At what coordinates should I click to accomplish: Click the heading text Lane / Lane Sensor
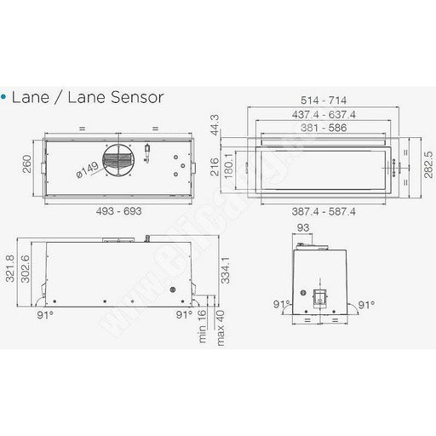(x=88, y=97)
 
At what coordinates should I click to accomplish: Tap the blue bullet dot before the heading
(x=3, y=97)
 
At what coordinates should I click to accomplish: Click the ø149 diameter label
(x=88, y=169)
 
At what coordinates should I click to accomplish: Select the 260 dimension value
(x=26, y=163)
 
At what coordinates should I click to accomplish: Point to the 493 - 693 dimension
(x=118, y=211)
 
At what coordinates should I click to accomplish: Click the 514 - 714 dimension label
(x=324, y=100)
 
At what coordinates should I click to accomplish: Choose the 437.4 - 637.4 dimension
(x=324, y=115)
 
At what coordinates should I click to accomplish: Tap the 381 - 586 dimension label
(x=324, y=128)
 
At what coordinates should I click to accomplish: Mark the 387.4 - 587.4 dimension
(x=324, y=212)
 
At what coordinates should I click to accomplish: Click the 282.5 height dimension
(x=428, y=165)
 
